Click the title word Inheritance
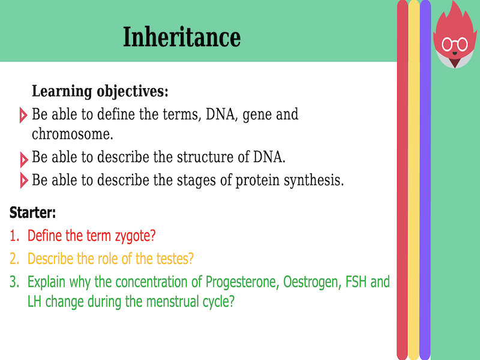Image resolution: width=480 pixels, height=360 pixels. point(181,37)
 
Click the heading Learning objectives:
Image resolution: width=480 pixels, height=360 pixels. point(100,92)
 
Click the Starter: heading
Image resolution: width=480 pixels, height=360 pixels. point(33,212)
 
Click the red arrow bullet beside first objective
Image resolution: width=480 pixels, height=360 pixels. point(23,115)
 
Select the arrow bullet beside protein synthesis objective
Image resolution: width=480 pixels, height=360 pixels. point(23,180)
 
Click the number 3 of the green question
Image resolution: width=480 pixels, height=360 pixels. point(13,282)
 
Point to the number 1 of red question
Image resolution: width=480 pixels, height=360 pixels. point(13,236)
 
